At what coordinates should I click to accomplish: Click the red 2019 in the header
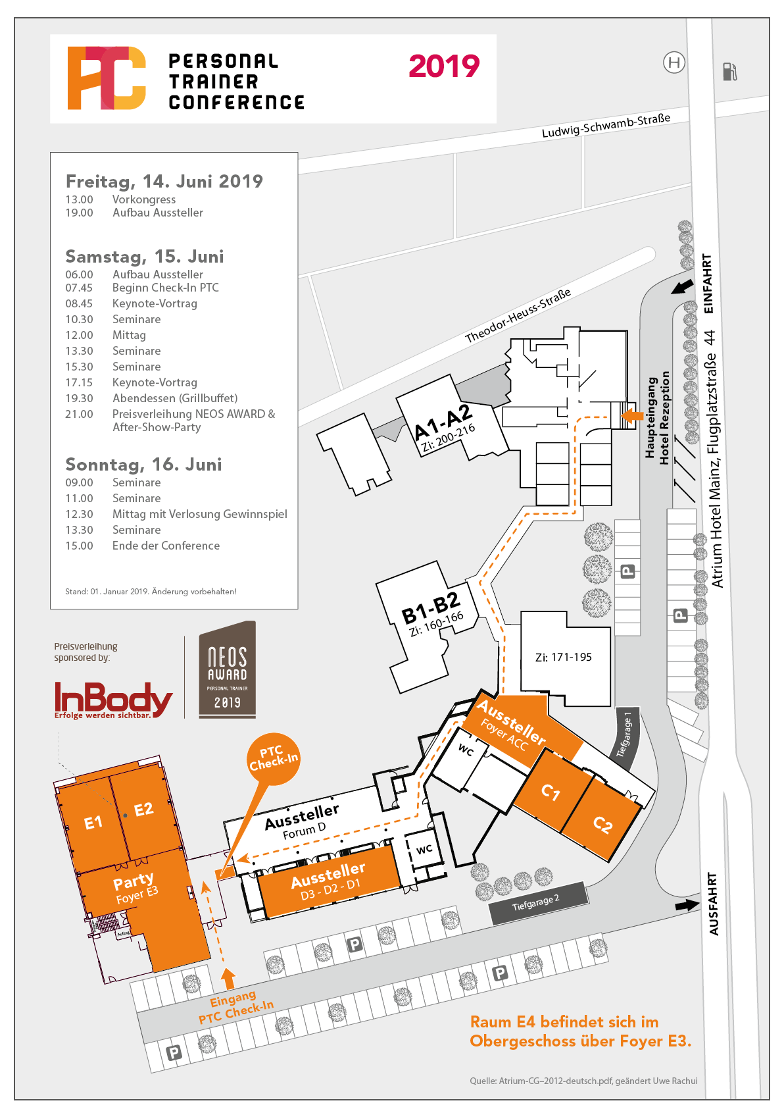click(444, 66)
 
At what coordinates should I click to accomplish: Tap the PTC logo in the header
click(107, 78)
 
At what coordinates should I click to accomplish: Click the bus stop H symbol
click(674, 63)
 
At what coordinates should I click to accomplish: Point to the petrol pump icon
click(729, 71)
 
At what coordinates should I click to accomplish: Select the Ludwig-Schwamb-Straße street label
click(606, 125)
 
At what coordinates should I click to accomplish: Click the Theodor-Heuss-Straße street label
click(518, 317)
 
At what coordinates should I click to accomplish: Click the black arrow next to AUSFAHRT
click(687, 905)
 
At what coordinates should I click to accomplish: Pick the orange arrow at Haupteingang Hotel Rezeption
click(632, 415)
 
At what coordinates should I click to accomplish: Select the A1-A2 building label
click(443, 422)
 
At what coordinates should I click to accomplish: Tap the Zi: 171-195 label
click(563, 657)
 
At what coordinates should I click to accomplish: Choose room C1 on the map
click(551, 792)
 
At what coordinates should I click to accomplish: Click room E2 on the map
click(143, 810)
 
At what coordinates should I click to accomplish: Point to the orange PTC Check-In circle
click(273, 759)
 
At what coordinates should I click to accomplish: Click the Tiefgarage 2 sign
click(536, 902)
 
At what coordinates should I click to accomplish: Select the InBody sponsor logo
click(112, 700)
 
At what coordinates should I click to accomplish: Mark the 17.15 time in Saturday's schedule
click(79, 382)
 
